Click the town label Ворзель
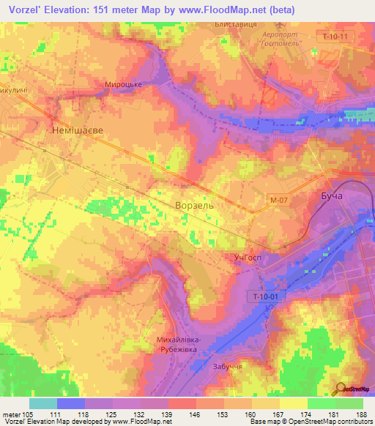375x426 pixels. point(194,206)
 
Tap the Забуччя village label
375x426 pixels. point(227,367)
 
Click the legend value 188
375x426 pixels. point(362,414)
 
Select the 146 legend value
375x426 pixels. point(196,414)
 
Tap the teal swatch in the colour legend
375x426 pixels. point(43,403)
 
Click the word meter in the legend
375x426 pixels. point(12,414)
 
